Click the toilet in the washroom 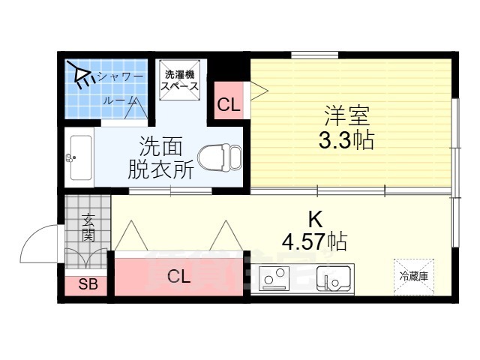coord(223,157)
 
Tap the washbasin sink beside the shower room coord(80,157)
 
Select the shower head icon coord(78,73)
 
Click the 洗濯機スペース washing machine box coord(180,79)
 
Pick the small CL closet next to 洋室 coord(229,104)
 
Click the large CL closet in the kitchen coord(179,276)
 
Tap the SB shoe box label coord(87,285)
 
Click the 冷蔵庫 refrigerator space coord(413,275)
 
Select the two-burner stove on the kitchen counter coord(274,278)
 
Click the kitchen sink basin coord(334,278)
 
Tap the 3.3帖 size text coord(347,141)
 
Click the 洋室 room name coord(347,116)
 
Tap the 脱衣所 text coord(160,169)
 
